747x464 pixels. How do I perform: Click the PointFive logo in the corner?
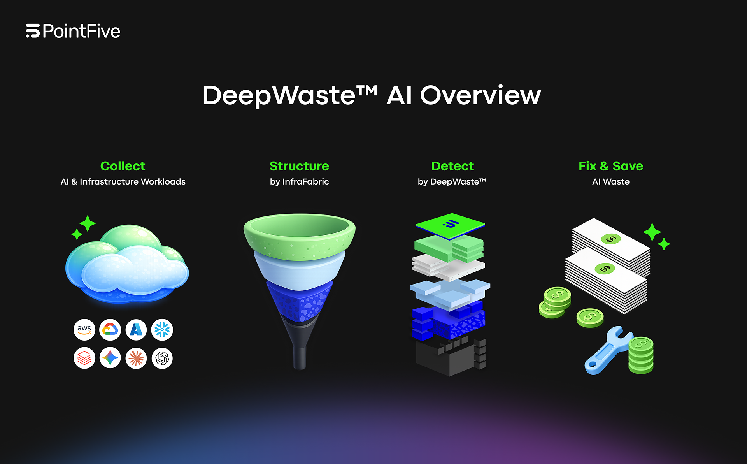(x=73, y=31)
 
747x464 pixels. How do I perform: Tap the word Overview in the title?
(x=480, y=95)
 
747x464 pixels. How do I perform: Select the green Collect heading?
(x=123, y=166)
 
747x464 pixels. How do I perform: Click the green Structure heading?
(x=299, y=166)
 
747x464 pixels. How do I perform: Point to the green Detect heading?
(x=452, y=166)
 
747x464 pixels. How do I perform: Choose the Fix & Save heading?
(x=610, y=166)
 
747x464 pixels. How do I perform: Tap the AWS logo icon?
(x=84, y=330)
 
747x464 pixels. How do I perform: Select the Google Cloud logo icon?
(x=110, y=330)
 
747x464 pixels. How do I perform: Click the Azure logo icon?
(x=136, y=330)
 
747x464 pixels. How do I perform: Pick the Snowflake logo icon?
(x=162, y=330)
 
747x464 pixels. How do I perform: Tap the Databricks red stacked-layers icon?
(x=84, y=358)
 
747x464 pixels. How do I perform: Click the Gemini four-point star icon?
(x=110, y=358)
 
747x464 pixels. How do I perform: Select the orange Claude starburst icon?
(x=136, y=358)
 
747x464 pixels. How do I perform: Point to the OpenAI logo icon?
(x=162, y=358)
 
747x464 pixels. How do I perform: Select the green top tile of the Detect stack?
(x=451, y=225)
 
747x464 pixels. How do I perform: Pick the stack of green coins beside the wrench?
(x=641, y=355)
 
